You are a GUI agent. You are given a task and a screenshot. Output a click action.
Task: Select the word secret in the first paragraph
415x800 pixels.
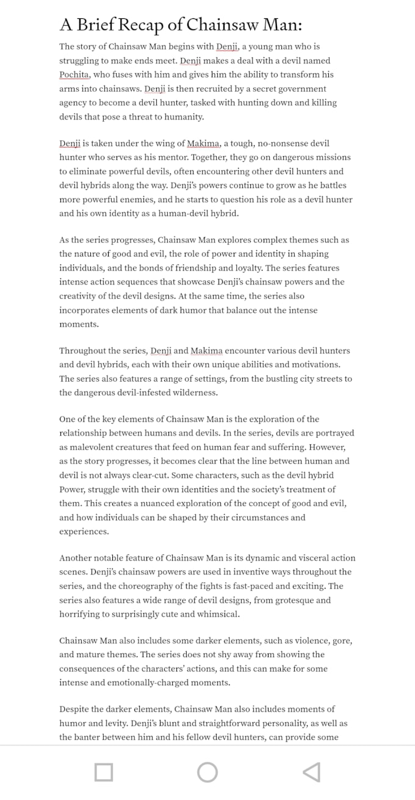[255, 89]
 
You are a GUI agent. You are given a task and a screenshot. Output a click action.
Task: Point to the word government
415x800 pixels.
[300, 89]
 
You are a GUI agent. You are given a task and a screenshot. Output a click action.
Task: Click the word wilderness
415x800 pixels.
[190, 393]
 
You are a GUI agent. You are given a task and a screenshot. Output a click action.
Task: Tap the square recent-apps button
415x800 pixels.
[104, 773]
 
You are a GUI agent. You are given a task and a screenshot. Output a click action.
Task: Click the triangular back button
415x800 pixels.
[311, 773]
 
